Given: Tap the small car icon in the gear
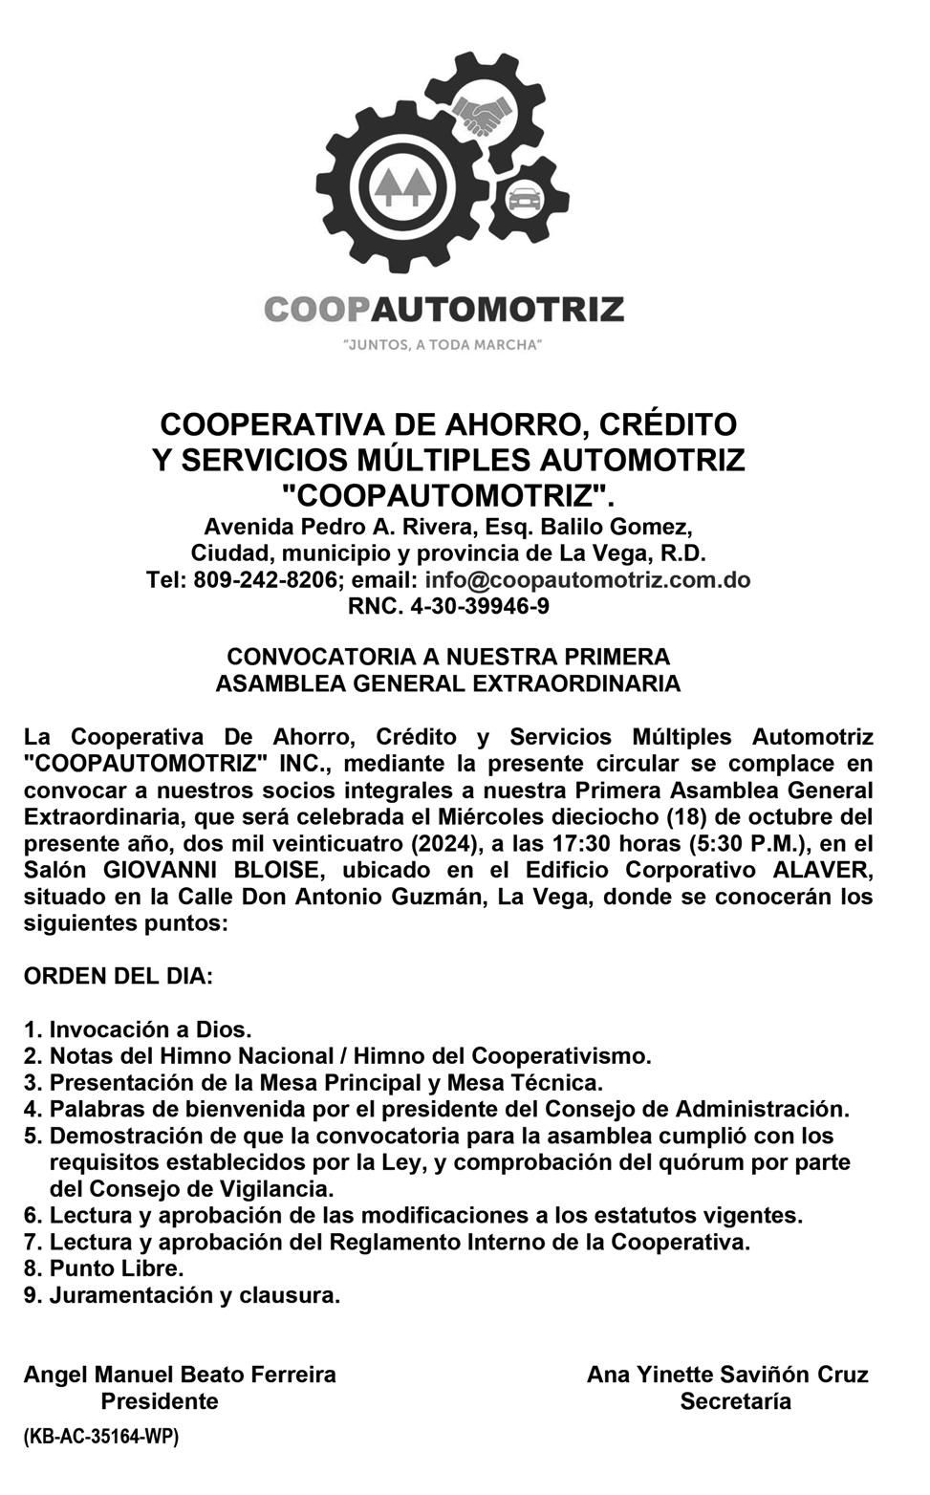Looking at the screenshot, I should click(523, 200).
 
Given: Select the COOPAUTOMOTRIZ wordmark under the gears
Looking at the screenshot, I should click(443, 310).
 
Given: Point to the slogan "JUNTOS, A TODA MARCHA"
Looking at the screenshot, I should click(443, 344).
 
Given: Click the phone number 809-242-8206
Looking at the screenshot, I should click(265, 580).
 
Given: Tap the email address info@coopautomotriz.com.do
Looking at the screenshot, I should click(587, 580).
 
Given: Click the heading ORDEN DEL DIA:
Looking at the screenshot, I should click(119, 977).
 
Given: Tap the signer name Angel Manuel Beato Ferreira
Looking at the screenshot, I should click(180, 1375).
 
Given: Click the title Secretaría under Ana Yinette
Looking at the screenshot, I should click(735, 1401).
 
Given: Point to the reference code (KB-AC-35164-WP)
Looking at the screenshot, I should click(100, 1436).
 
